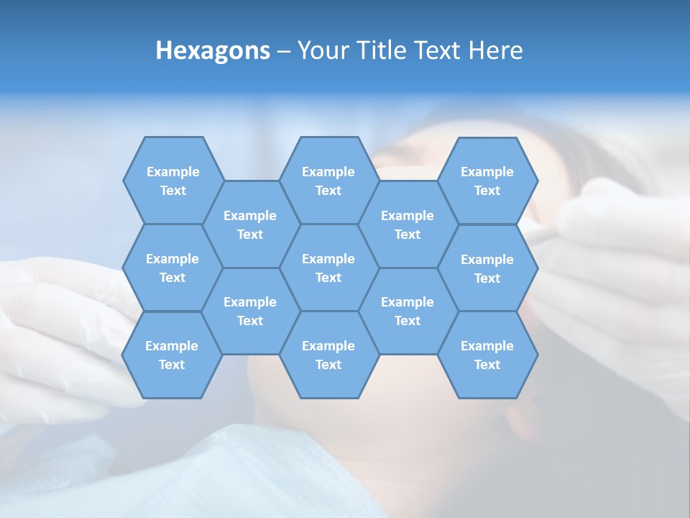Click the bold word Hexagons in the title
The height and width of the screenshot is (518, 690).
pyautogui.click(x=213, y=50)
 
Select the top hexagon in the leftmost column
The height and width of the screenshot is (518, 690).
pyautogui.click(x=173, y=181)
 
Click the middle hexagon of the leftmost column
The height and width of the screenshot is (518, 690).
pyautogui.click(x=172, y=268)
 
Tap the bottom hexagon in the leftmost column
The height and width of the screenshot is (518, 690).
pyautogui.click(x=172, y=355)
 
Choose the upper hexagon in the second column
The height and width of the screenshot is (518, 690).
pyautogui.click(x=250, y=224)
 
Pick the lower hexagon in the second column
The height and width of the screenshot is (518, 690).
pyautogui.click(x=250, y=311)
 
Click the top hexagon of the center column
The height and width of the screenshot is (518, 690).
pyautogui.click(x=328, y=181)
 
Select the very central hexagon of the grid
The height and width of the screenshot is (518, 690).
pyautogui.click(x=328, y=268)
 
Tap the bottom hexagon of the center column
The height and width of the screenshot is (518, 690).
pyautogui.click(x=328, y=355)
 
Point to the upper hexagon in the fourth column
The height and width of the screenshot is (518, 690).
pyautogui.click(x=408, y=224)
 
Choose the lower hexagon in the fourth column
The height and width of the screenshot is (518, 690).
pyautogui.click(x=408, y=311)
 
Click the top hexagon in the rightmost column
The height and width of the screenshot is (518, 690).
pyautogui.click(x=487, y=181)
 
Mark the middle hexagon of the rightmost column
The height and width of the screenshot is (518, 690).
pyautogui.click(x=487, y=268)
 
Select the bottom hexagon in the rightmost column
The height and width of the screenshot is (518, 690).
pyautogui.click(x=487, y=355)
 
